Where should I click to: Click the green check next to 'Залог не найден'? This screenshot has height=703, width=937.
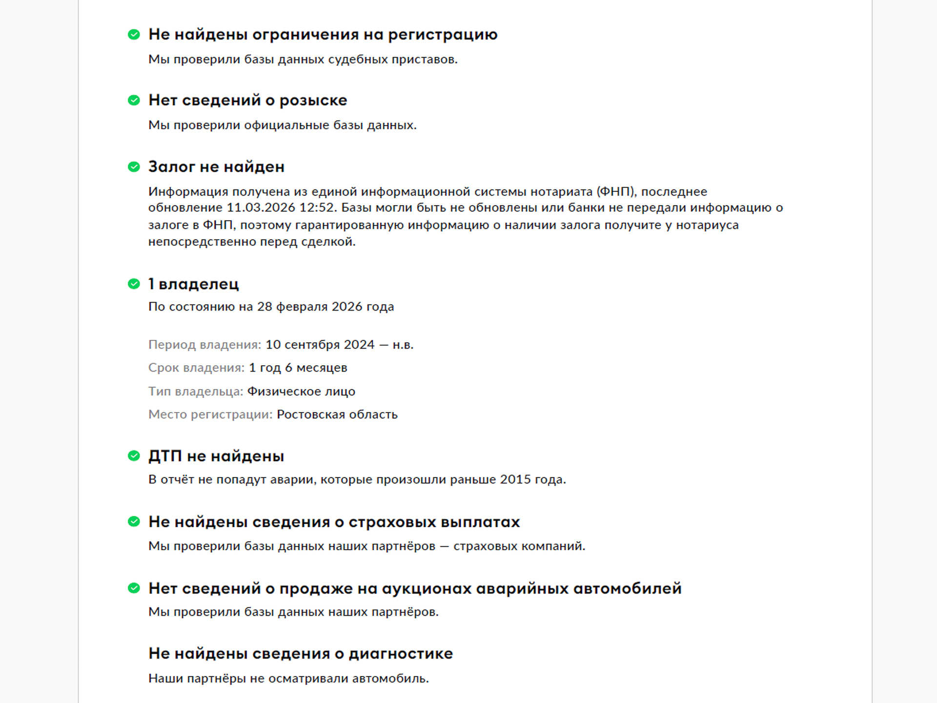(x=134, y=167)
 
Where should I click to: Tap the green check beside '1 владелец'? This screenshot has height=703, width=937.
(x=134, y=284)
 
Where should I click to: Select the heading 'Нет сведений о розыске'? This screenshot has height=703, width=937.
(x=247, y=100)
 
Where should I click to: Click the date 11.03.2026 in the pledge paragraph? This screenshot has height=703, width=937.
(x=261, y=208)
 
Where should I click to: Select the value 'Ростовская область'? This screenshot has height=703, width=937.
(x=337, y=414)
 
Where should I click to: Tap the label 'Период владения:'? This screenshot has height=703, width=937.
(x=204, y=345)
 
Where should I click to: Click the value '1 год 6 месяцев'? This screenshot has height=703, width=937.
(x=298, y=368)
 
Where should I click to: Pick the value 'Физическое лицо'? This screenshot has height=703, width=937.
(x=301, y=392)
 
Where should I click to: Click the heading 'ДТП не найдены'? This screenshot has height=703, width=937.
(x=216, y=456)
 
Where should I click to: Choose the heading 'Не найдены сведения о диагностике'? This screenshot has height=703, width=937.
(x=301, y=654)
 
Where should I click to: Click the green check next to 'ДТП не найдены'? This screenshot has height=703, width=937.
(x=134, y=456)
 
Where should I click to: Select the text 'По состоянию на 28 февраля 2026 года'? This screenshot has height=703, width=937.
(x=271, y=307)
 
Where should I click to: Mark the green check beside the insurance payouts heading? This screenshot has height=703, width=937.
(x=134, y=522)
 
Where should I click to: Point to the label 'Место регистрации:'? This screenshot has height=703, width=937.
(x=210, y=414)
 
